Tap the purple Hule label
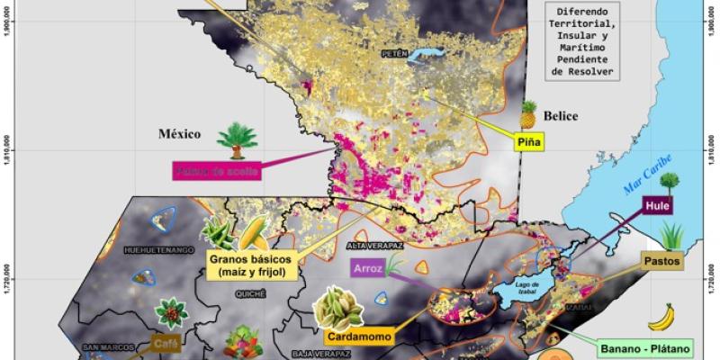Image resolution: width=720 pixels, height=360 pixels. click(657, 206)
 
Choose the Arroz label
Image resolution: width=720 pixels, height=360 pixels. click(368, 266)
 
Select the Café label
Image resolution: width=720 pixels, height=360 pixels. click(164, 342)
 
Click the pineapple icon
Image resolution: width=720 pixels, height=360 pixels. click(528, 114)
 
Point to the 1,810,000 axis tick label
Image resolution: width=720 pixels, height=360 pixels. click(7, 151)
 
